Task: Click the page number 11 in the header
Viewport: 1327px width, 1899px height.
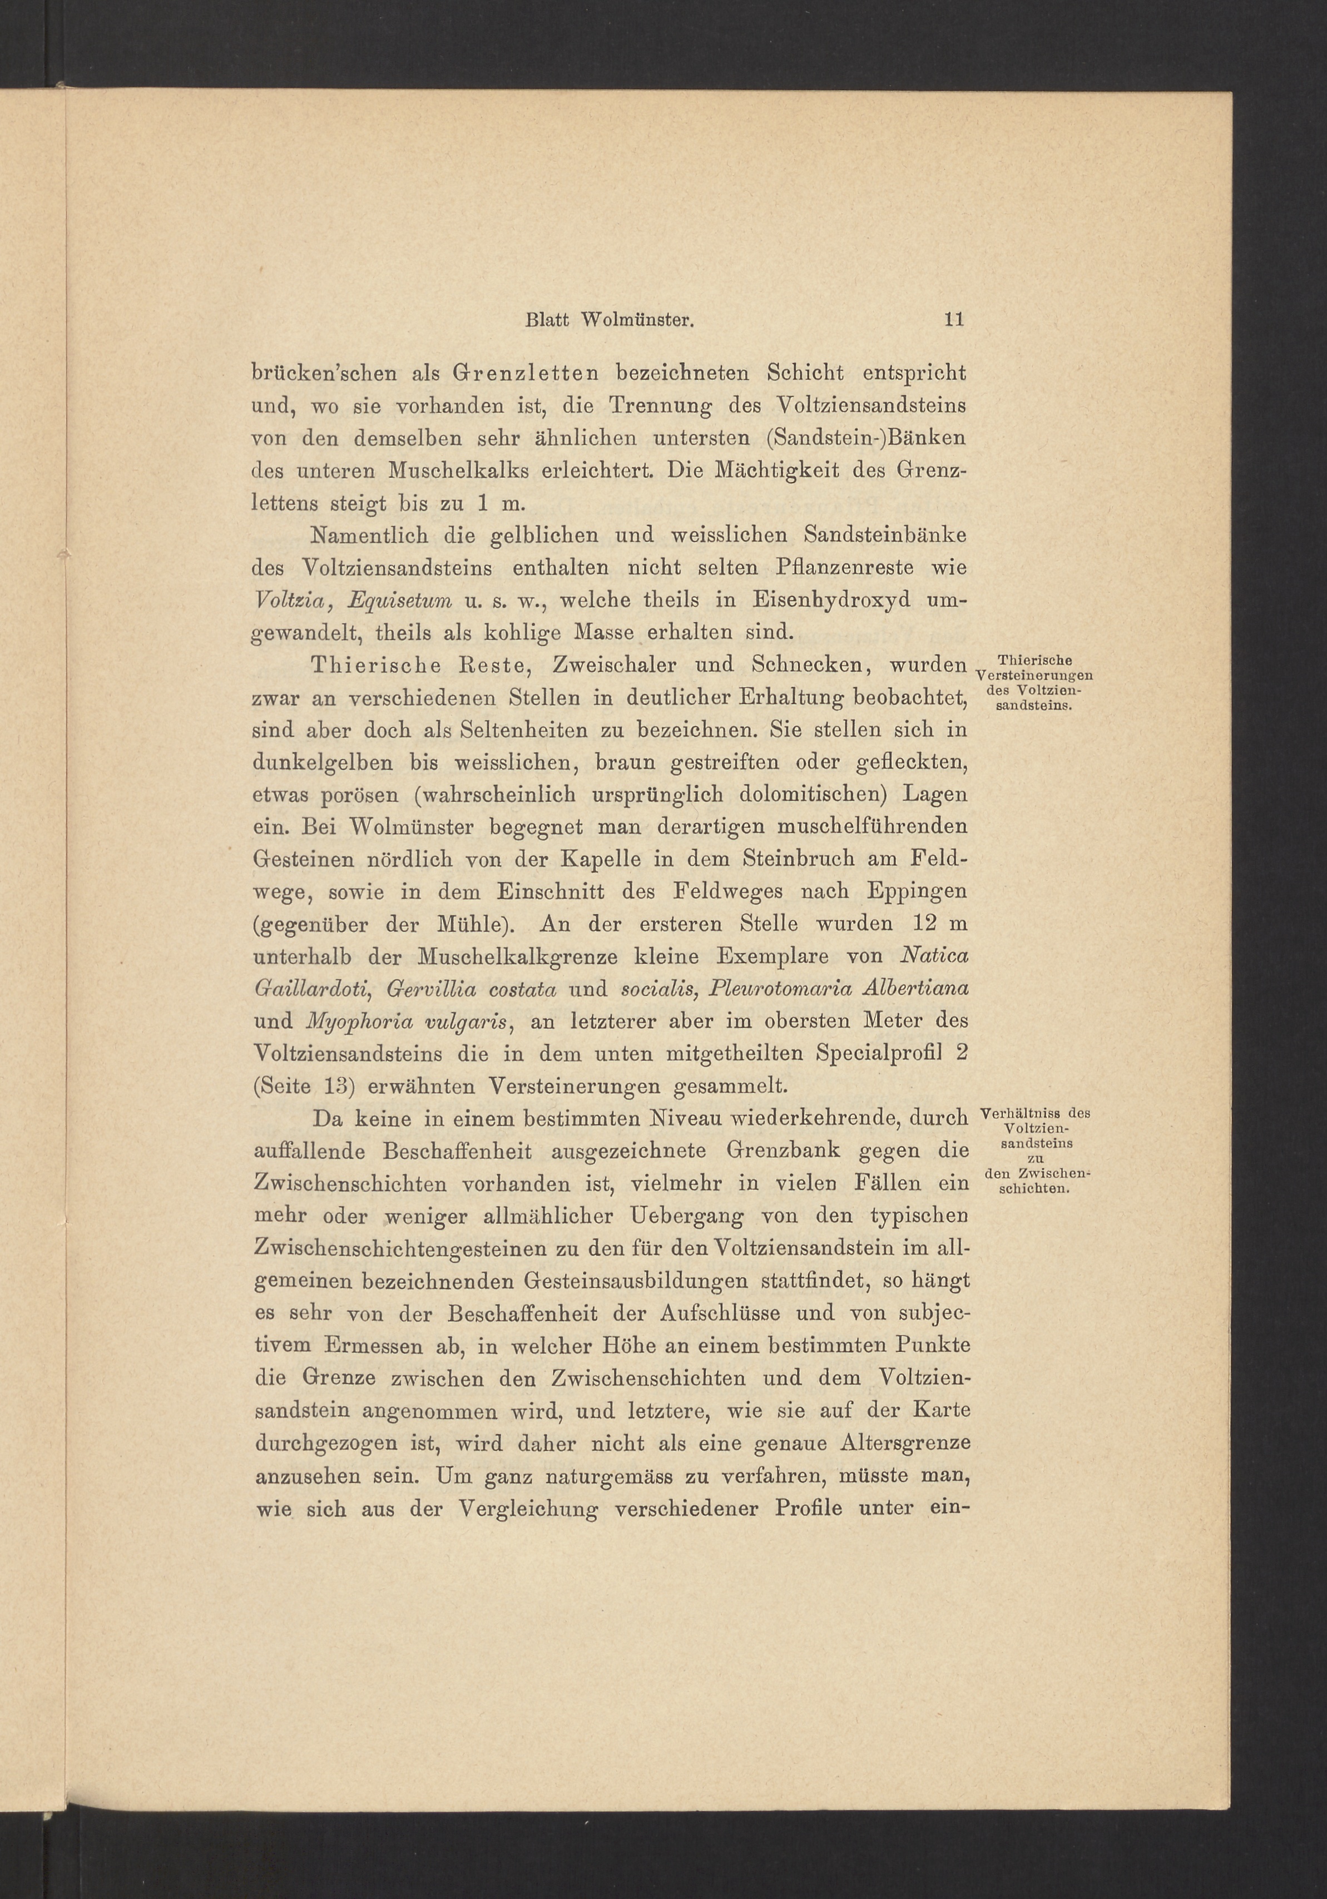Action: coord(954,320)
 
